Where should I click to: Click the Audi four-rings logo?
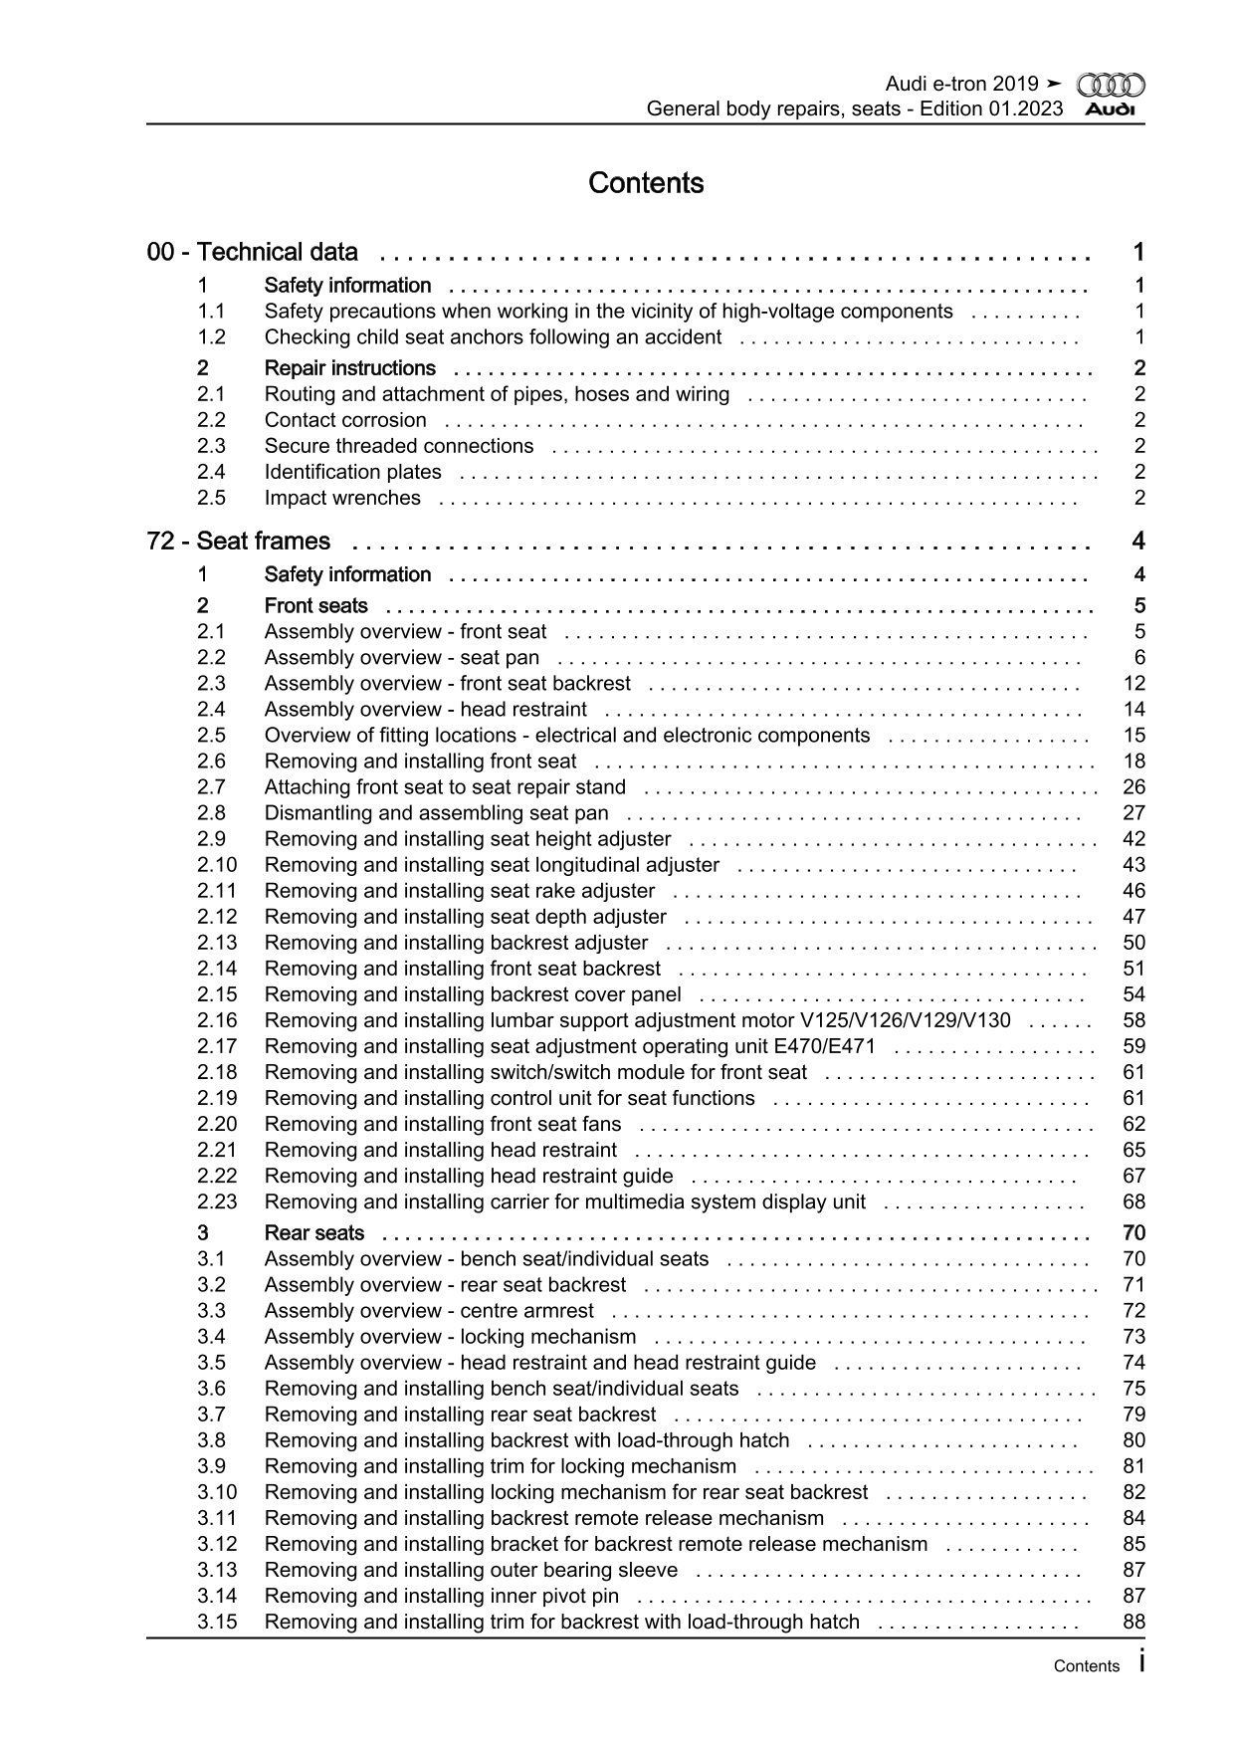[x=1111, y=86]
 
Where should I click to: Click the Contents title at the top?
[x=646, y=183]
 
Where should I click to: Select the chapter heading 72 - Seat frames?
[x=239, y=542]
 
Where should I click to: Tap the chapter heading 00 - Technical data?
[x=253, y=253]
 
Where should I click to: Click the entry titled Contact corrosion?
[x=345, y=420]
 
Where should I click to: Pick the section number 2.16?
[x=217, y=1020]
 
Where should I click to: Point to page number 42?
[x=1133, y=839]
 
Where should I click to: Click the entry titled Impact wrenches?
[x=342, y=498]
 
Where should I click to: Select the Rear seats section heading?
[x=314, y=1233]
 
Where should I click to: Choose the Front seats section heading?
[x=315, y=606]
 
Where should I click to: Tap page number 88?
[x=1133, y=1622]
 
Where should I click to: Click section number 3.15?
[x=217, y=1622]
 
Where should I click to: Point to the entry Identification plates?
[x=353, y=472]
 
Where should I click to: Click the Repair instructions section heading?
[x=350, y=368]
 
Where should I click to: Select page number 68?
[x=1133, y=1201]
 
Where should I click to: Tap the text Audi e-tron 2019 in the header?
[x=961, y=85]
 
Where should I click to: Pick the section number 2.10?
[x=217, y=865]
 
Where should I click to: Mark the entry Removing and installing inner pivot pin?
[x=442, y=1596]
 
